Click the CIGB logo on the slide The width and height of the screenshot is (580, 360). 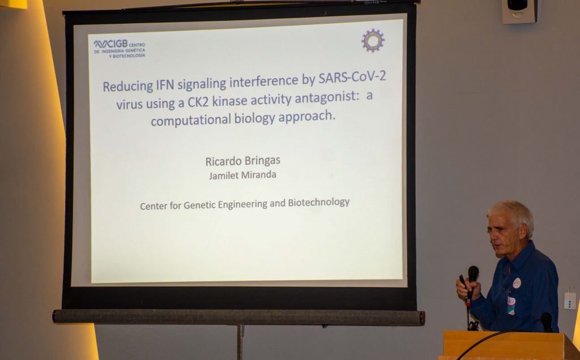120,49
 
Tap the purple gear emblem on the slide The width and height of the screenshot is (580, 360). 373,40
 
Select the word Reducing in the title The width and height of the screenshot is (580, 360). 127,86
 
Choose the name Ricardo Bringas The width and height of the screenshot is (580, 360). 242,161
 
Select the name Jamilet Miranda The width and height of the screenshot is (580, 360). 242,175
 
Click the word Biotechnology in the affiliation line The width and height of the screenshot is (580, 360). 319,203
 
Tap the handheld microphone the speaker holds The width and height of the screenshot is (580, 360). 472,283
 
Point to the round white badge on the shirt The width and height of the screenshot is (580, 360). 517,283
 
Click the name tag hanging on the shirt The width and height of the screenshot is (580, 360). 511,305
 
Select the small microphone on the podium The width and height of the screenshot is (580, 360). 547,322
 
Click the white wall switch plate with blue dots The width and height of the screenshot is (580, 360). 570,300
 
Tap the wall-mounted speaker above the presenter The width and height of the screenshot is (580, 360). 519,11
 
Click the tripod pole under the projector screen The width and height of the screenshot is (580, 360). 240,342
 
